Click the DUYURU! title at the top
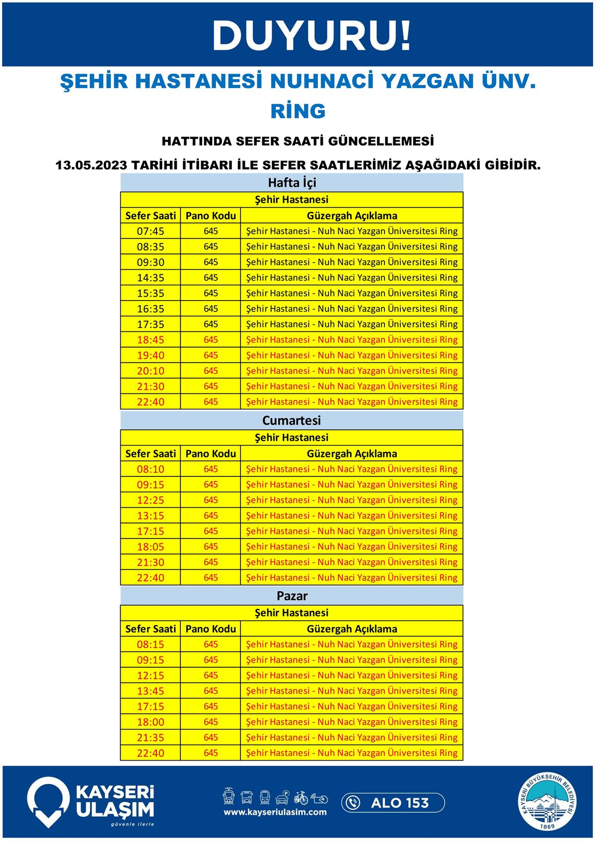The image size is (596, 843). (x=312, y=36)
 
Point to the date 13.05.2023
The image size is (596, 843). (x=92, y=165)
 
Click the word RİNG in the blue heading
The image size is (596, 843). (x=298, y=111)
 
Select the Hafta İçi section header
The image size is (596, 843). (x=292, y=182)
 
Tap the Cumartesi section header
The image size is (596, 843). (x=292, y=420)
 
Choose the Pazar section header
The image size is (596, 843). (x=292, y=596)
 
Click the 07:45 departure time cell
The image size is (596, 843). (x=150, y=231)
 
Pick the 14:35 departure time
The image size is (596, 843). (x=150, y=278)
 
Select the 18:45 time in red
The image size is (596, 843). (x=150, y=340)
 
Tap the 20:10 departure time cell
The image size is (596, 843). (x=150, y=371)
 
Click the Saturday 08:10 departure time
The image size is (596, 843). (x=150, y=469)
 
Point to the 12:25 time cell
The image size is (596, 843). (x=150, y=500)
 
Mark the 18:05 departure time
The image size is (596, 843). (x=150, y=546)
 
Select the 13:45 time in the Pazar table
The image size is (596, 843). (x=150, y=690)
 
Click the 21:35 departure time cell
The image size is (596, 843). (x=150, y=737)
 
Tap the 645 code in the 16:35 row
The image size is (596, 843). (x=211, y=308)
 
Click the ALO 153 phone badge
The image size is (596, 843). (x=393, y=803)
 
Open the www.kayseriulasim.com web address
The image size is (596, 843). (x=275, y=812)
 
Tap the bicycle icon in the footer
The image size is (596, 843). (x=301, y=798)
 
